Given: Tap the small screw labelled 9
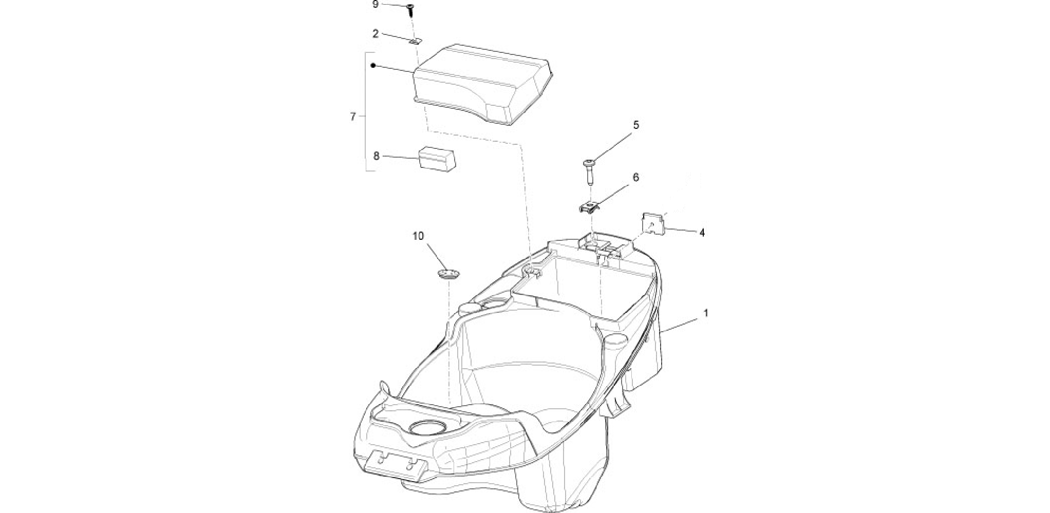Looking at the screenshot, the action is tap(411, 9).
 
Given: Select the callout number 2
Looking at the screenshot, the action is tap(376, 34).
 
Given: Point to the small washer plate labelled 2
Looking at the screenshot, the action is tap(416, 41).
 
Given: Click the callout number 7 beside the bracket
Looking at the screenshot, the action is tap(353, 117).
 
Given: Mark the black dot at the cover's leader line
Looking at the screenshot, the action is tap(373, 66).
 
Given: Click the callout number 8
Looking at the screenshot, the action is tap(376, 156).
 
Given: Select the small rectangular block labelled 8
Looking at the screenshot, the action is tap(438, 158).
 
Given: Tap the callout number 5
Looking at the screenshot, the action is tap(636, 125).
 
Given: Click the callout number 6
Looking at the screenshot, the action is tap(635, 177).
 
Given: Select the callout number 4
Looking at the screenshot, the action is tap(702, 233).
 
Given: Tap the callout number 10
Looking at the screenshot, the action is tap(418, 236).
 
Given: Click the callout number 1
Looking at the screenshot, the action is tap(706, 313).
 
